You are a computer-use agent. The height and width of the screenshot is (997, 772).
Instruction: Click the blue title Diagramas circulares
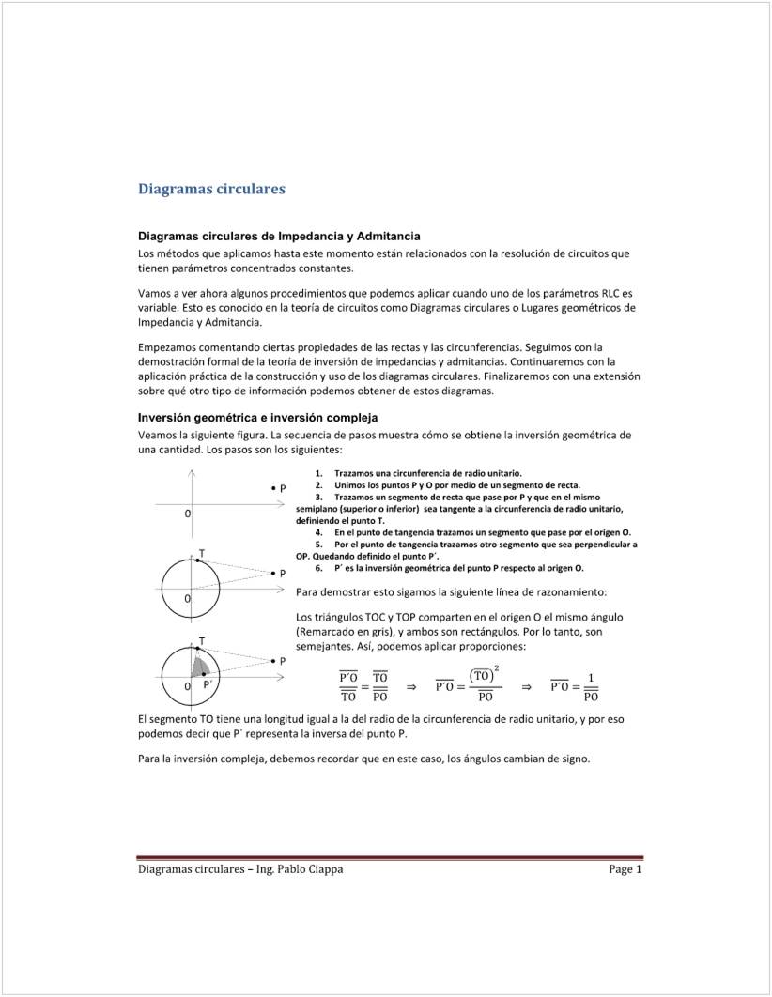tap(211, 189)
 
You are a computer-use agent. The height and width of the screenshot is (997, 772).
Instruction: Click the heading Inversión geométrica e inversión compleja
tap(257, 417)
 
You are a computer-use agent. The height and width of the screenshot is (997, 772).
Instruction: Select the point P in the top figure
tap(272, 488)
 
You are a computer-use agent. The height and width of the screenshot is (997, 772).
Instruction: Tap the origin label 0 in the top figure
tap(188, 514)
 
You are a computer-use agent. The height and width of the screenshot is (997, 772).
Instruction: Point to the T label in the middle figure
tap(202, 552)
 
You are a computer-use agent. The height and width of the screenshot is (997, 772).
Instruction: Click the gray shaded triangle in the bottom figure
tap(200, 667)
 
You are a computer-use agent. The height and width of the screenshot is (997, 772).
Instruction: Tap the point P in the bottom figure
tap(272, 661)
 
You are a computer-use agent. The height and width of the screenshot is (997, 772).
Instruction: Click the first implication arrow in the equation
tap(410, 686)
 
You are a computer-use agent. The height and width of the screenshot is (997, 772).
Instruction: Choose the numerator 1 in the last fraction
tap(591, 677)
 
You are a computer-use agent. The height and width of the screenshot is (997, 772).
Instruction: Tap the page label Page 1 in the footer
tap(625, 869)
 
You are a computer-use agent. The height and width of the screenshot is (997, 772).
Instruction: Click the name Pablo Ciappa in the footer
tap(310, 869)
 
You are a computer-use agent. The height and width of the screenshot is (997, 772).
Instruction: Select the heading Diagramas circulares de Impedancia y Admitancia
tap(279, 236)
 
